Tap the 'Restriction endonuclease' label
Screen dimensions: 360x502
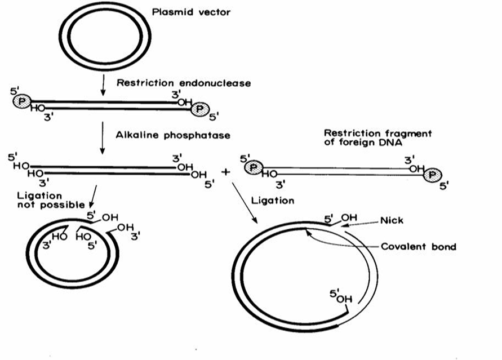tap(183, 83)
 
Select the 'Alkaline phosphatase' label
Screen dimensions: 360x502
tap(173, 135)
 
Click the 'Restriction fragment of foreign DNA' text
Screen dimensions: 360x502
tap(377, 137)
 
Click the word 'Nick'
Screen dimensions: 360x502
tap(392, 220)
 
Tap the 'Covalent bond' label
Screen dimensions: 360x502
tap(418, 247)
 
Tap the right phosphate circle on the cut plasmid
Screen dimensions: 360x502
tap(199, 109)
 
